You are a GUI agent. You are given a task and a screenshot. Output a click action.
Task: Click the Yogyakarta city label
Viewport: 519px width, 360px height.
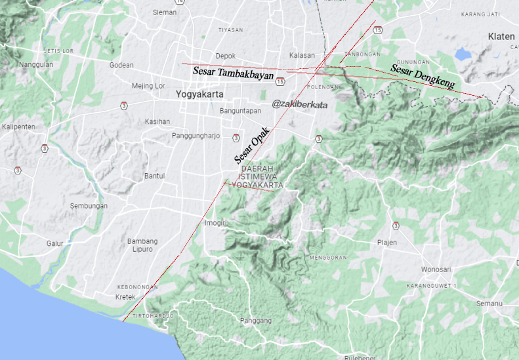[199, 94]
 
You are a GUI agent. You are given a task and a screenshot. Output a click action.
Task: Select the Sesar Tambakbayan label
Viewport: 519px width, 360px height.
[233, 74]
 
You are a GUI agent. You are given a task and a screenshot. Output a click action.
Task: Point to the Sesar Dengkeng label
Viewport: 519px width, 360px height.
[423, 75]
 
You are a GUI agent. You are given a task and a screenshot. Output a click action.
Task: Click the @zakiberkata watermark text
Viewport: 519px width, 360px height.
[300, 104]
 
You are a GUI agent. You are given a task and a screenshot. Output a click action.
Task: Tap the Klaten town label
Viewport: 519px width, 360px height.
[501, 37]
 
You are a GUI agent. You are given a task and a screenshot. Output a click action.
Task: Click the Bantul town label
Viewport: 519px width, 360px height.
[154, 176]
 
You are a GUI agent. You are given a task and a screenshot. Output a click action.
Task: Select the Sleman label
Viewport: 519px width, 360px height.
[164, 12]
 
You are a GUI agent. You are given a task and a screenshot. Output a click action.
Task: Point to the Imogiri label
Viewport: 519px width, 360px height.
[215, 223]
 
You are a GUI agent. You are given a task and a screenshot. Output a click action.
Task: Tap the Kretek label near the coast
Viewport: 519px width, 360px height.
[125, 297]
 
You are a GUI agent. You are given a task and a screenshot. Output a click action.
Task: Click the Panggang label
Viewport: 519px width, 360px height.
[256, 321]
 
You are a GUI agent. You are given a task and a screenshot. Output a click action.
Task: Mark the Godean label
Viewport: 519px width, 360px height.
[121, 65]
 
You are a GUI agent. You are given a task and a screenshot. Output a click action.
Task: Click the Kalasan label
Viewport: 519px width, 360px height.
[302, 56]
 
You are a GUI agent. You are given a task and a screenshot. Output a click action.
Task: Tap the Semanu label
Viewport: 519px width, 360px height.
[489, 304]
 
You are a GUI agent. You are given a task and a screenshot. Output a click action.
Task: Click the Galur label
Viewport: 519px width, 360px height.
[54, 243]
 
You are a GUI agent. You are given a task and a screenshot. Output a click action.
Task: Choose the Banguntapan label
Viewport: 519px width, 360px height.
[240, 111]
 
